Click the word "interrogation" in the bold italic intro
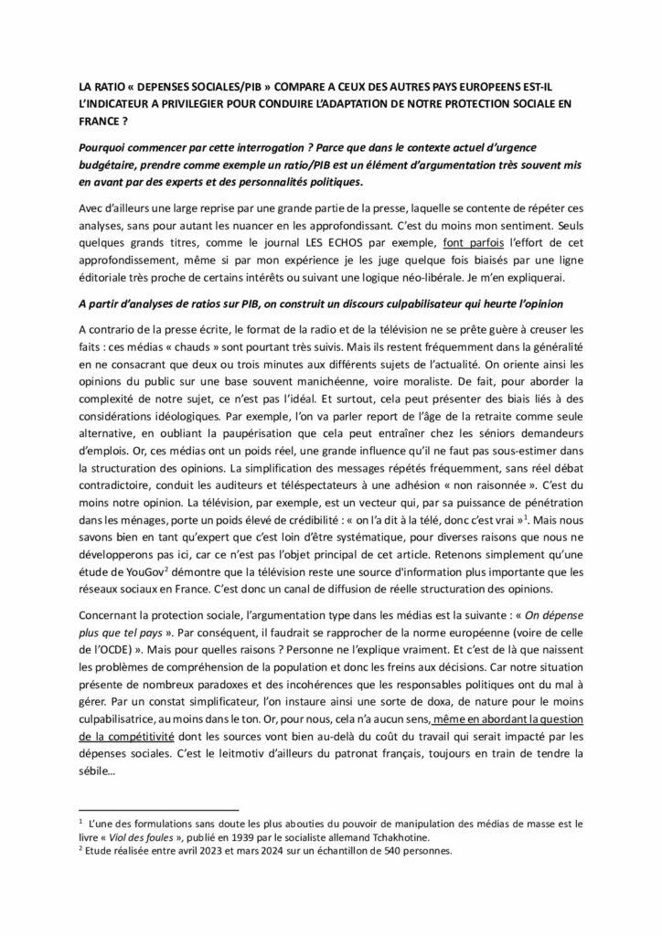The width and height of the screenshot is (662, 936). pos(272,148)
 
